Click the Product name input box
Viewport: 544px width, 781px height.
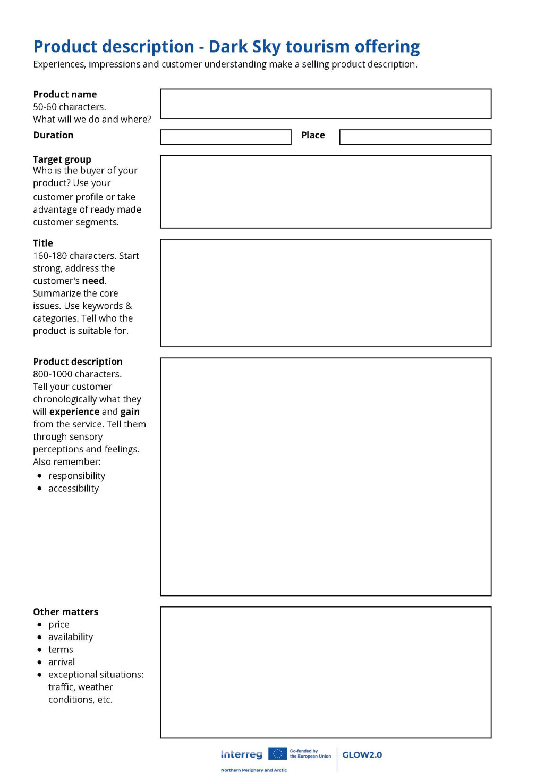coord(325,104)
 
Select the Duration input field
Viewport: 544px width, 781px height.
coord(225,137)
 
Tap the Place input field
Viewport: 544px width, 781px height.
coord(415,137)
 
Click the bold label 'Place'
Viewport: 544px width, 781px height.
coord(313,135)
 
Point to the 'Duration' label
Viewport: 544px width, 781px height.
coord(53,135)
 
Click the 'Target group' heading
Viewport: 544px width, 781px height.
coord(62,159)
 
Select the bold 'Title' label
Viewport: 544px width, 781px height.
coord(43,243)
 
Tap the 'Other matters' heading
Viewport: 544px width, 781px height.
coord(66,612)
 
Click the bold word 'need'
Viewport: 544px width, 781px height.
coord(93,281)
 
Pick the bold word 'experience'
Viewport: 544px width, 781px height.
coord(74,412)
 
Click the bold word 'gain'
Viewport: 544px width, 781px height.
coord(130,412)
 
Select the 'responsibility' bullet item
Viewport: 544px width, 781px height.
coord(76,476)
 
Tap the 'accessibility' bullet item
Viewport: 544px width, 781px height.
coord(73,489)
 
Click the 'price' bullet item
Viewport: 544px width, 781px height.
coord(59,625)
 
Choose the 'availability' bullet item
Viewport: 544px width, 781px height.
coord(71,637)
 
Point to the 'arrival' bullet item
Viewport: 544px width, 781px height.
coord(62,662)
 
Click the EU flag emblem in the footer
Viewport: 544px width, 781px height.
coord(277,754)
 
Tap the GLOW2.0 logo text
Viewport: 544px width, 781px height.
coord(362,755)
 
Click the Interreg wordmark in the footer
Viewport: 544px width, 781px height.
coord(242,754)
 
